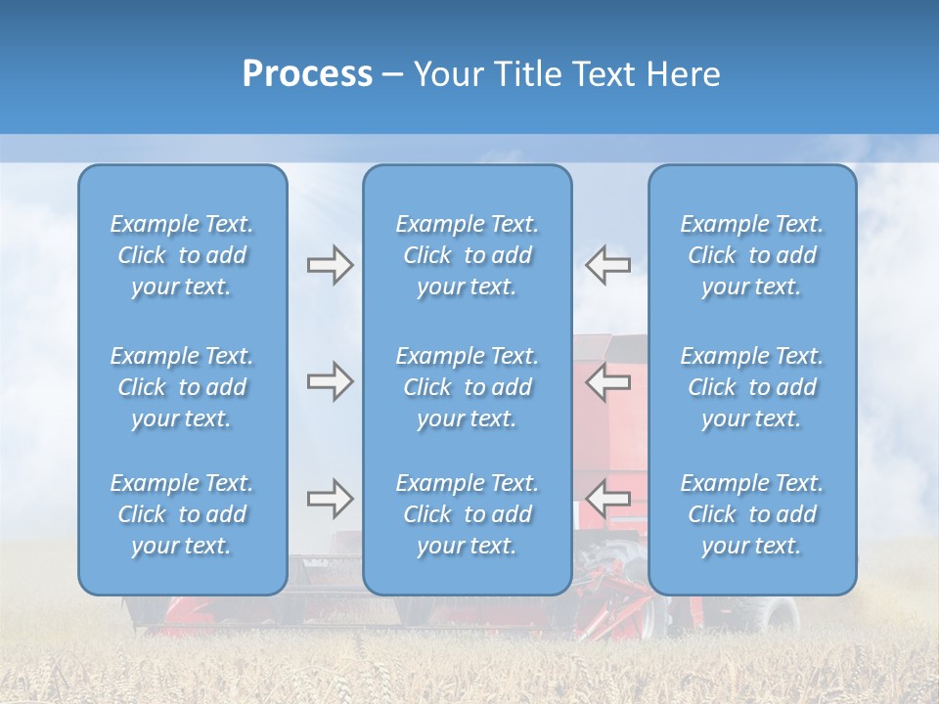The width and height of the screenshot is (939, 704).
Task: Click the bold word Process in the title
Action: [x=307, y=74]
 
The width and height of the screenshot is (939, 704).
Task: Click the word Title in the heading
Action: [x=529, y=74]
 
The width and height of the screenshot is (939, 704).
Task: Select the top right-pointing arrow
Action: [x=330, y=265]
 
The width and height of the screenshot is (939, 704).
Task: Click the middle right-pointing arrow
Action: [x=330, y=381]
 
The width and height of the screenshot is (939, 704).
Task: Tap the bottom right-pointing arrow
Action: [x=330, y=500]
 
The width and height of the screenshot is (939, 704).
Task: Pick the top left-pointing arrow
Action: [x=607, y=265]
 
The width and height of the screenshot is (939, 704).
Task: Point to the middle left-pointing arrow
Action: [x=607, y=381]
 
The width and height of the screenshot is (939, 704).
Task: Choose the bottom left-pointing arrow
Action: [x=607, y=500]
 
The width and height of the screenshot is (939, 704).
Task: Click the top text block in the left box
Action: [x=182, y=255]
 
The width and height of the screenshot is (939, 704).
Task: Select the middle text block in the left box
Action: [x=182, y=387]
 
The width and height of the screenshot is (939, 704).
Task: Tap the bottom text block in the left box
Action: [x=182, y=514]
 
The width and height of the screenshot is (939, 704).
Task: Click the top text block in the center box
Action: [x=467, y=255]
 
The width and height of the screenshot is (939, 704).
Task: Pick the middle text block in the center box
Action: [x=467, y=387]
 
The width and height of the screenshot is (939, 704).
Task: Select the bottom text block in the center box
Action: [x=467, y=514]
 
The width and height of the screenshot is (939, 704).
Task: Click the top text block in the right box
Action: [x=751, y=255]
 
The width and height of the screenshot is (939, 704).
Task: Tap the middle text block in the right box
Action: [x=751, y=387]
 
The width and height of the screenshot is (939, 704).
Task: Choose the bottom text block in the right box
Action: [x=751, y=514]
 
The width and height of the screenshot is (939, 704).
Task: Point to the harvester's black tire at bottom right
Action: [x=778, y=614]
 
